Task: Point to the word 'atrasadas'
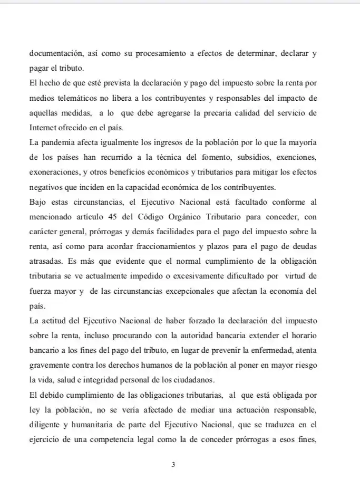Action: pos(44,261)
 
